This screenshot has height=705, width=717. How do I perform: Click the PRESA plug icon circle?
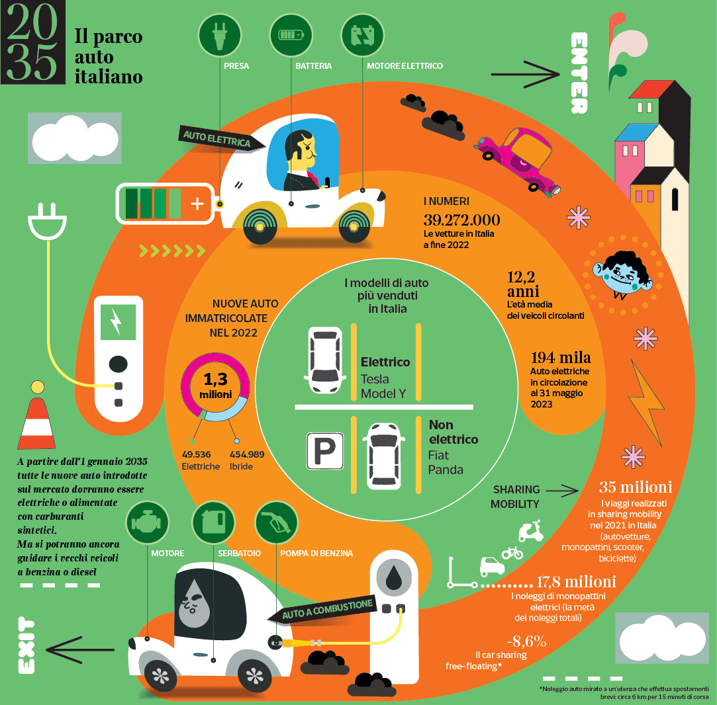(x=220, y=35)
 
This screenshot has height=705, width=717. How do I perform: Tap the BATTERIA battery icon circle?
(x=291, y=35)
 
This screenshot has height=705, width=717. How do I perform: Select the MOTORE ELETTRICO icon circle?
(x=363, y=35)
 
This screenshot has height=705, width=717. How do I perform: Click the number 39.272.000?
(x=461, y=220)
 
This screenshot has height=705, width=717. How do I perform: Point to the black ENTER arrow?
(x=526, y=74)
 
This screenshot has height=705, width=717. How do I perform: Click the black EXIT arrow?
(x=81, y=649)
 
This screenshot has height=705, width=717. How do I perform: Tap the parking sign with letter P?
(x=324, y=451)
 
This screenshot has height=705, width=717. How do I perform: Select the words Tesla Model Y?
(x=383, y=386)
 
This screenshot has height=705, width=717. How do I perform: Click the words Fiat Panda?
(x=446, y=462)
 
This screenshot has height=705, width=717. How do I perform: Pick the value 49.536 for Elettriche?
(x=196, y=454)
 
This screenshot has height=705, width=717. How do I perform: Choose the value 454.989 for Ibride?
(x=247, y=454)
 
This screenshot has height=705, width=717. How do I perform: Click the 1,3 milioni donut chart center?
(x=215, y=386)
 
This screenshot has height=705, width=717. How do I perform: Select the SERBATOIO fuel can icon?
(x=214, y=522)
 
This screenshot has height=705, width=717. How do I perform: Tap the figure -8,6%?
(x=526, y=641)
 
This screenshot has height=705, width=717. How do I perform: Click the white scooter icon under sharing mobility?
(x=530, y=531)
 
